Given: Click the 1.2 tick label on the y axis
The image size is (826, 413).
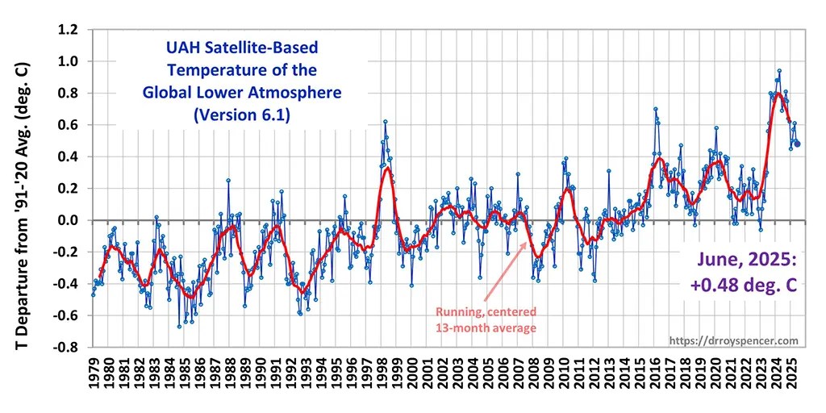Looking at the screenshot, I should [x=66, y=30].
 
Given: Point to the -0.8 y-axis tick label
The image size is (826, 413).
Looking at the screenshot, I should [x=64, y=348].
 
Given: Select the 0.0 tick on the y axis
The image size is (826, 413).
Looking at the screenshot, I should [x=66, y=220].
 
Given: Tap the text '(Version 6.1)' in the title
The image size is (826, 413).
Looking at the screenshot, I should [x=241, y=115].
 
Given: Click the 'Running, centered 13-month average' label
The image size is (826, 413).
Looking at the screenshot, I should [x=486, y=319].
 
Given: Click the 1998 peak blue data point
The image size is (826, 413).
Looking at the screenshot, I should [x=386, y=122].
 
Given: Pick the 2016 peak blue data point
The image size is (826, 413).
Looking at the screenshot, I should [x=655, y=109].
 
